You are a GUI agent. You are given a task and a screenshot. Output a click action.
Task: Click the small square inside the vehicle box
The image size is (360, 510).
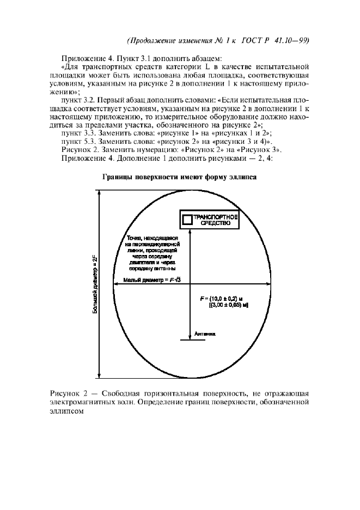pyautogui.click(x=187, y=220)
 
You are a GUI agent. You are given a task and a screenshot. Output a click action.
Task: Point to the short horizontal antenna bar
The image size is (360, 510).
pyautogui.click(x=189, y=342)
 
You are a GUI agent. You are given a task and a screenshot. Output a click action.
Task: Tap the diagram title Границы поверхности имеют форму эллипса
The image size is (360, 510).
pyautogui.click(x=179, y=178)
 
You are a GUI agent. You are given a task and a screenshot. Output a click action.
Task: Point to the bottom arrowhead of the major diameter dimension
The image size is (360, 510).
pyautogui.click(x=99, y=375)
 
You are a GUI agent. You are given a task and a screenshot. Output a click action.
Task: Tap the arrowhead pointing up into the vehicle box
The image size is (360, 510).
pyautogui.click(x=189, y=232)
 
